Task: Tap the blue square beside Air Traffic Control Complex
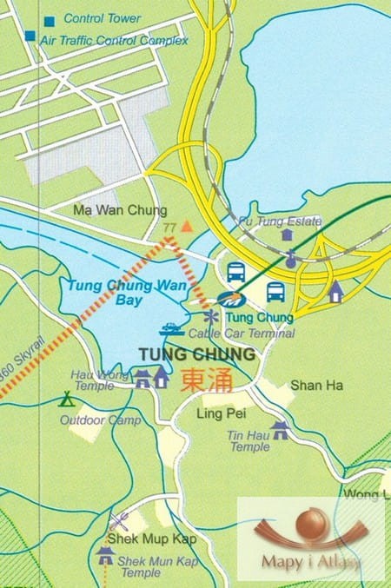(30, 36)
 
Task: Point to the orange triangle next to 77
(185, 226)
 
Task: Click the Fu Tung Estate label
(279, 221)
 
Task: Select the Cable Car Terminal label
(242, 334)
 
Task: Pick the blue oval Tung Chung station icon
(231, 301)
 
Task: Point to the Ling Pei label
(218, 413)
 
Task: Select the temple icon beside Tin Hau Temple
(280, 429)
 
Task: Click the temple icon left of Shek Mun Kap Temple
(106, 553)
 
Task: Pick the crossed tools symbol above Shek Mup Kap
(120, 521)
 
